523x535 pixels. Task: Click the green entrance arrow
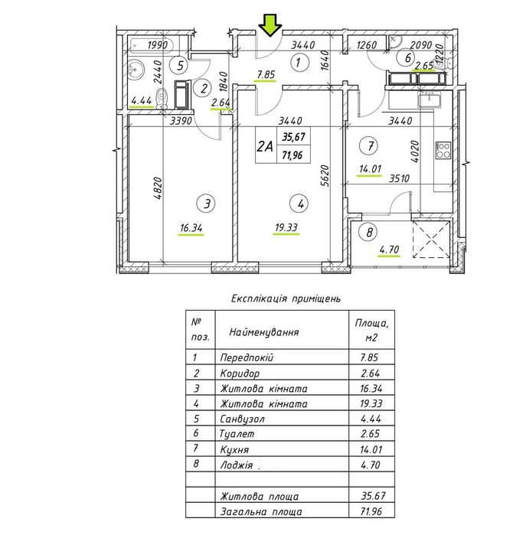tap(268, 27)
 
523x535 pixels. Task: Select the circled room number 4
tap(300, 203)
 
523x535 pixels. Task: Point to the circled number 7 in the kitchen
tap(370, 145)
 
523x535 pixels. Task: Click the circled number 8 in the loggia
tap(370, 233)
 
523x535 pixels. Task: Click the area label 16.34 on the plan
tap(191, 228)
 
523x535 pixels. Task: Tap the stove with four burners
tap(443, 149)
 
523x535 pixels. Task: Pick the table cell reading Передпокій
tap(246, 357)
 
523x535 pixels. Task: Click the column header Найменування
tap(259, 333)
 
